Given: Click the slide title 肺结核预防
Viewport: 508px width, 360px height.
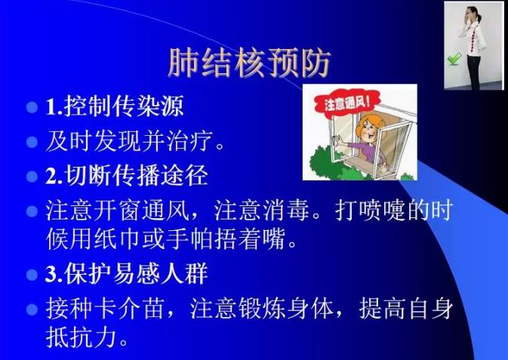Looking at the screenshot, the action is tap(249, 63).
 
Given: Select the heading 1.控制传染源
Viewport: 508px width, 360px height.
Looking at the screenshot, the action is tap(115, 106).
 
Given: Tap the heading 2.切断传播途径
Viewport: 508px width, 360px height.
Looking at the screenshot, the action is tap(126, 175).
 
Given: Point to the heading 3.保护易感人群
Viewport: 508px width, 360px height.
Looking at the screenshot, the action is tap(126, 273).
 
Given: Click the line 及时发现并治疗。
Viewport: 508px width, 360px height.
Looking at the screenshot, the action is tap(135, 141).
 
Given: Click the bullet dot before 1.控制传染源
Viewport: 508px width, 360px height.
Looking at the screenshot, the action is tap(32, 107).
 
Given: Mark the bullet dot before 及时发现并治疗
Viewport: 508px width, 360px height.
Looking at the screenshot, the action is tap(32, 142).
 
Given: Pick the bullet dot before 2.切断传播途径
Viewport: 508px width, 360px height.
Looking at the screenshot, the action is tap(32, 177).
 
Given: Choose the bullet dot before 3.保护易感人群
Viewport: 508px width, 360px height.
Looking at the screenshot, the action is tap(32, 275).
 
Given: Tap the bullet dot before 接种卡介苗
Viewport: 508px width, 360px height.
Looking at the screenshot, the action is tap(32, 309).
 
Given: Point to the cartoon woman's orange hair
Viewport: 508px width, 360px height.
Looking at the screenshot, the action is tap(368, 125).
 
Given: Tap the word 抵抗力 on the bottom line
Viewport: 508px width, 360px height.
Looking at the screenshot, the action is tap(81, 337).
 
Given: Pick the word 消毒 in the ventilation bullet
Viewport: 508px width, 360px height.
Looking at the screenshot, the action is tap(286, 211).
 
